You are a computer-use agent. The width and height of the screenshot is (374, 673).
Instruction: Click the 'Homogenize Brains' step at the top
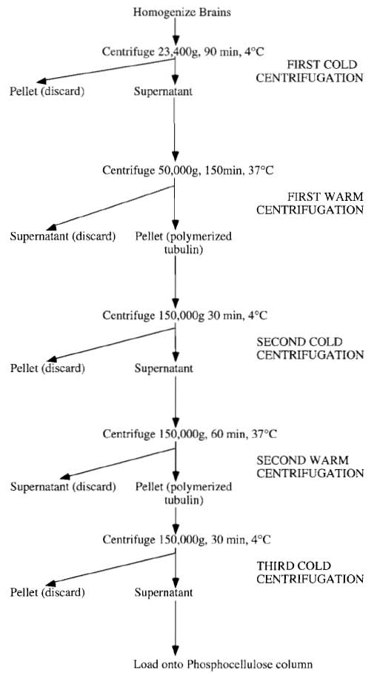[x=182, y=12]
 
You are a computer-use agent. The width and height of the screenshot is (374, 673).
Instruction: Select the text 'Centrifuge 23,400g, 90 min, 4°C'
[x=183, y=52]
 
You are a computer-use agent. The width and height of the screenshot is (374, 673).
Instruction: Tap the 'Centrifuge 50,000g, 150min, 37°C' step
[x=188, y=170]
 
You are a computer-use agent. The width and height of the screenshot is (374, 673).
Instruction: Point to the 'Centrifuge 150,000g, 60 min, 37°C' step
[x=190, y=434]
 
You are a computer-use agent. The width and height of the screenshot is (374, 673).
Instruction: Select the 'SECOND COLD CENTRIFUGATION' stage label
[x=310, y=348]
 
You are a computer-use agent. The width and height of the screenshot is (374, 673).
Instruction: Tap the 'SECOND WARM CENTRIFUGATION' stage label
[x=310, y=467]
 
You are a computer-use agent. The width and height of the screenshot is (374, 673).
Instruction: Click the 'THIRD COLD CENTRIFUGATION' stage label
[x=310, y=572]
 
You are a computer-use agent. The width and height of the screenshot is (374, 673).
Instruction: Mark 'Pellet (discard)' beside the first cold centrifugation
[x=47, y=91]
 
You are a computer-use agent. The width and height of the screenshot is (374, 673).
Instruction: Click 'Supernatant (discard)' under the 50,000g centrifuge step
[x=63, y=236]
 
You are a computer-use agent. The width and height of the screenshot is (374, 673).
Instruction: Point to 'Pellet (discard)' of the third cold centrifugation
[x=47, y=593]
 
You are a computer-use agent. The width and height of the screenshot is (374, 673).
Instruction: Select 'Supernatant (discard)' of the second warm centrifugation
[x=63, y=487]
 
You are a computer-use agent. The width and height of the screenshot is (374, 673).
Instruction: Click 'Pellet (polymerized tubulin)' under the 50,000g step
[x=184, y=243]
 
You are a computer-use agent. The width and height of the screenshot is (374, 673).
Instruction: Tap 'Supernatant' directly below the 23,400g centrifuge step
[x=163, y=91]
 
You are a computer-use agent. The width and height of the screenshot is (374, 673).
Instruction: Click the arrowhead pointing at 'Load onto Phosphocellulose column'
[x=175, y=650]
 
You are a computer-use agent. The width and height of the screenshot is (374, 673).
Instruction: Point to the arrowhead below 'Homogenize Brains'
[x=175, y=40]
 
